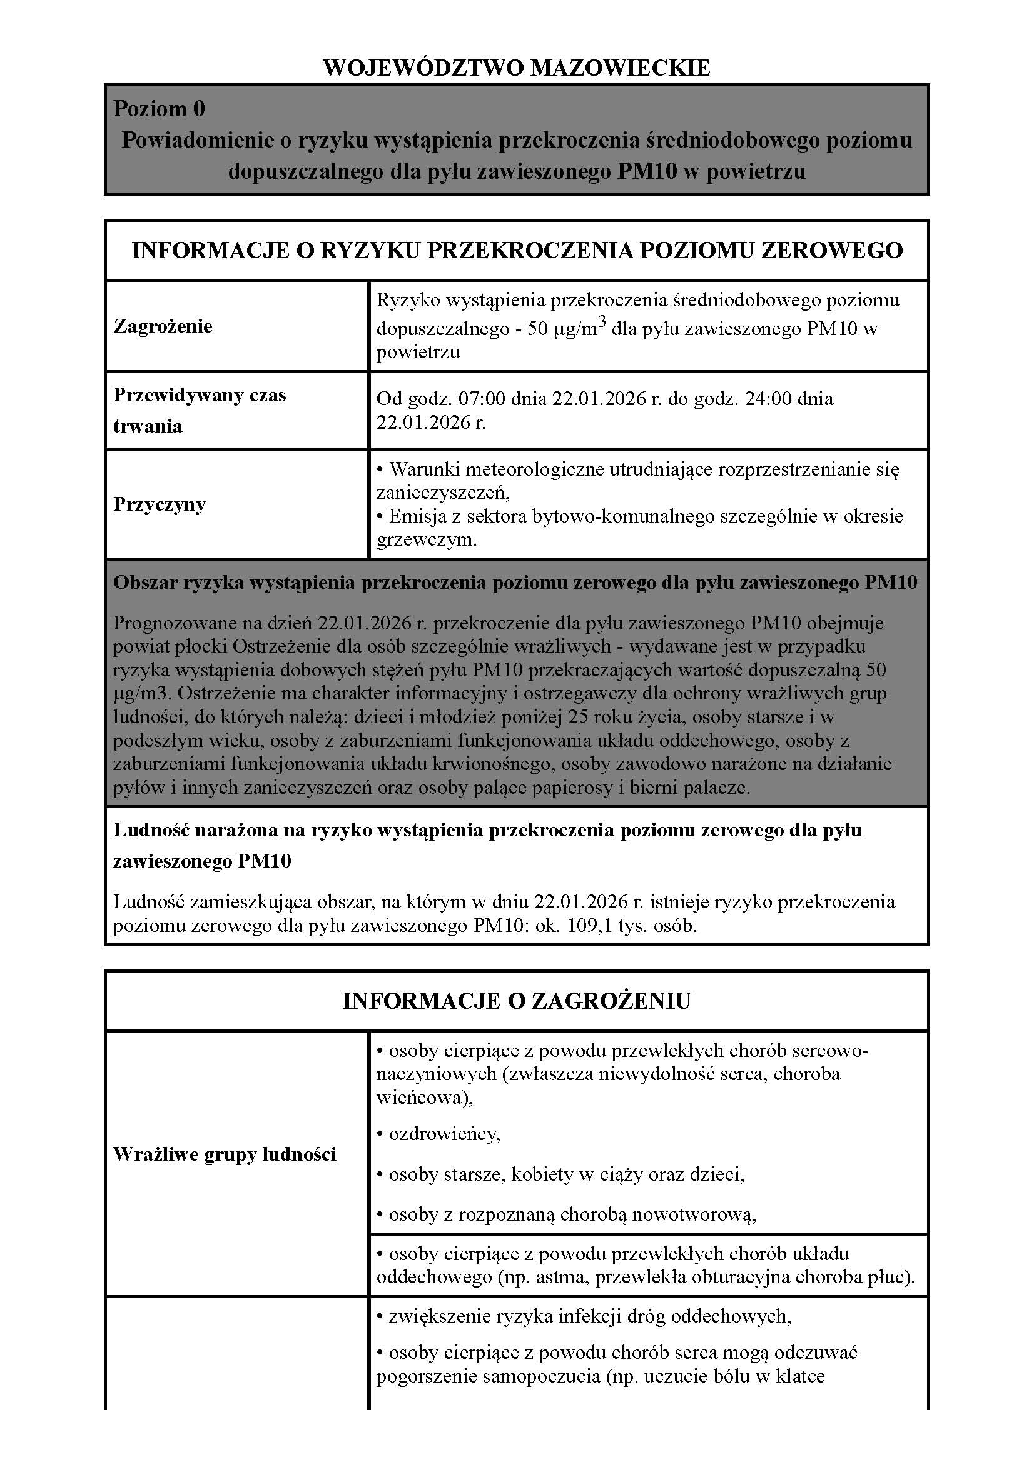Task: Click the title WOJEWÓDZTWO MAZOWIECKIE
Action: pyautogui.click(x=516, y=68)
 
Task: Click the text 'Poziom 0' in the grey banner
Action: pyautogui.click(x=160, y=109)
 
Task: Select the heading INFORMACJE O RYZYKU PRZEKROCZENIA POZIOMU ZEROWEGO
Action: pyautogui.click(x=517, y=250)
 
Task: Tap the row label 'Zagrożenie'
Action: pyautogui.click(x=163, y=326)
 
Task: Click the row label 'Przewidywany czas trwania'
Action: pyautogui.click(x=200, y=410)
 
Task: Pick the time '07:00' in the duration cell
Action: pyautogui.click(x=482, y=399)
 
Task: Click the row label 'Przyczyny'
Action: pyautogui.click(x=160, y=504)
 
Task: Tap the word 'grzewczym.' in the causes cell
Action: pyautogui.click(x=426, y=540)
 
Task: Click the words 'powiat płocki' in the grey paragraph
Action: pyautogui.click(x=171, y=646)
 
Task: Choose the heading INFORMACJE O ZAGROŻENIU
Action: pyautogui.click(x=517, y=1001)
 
